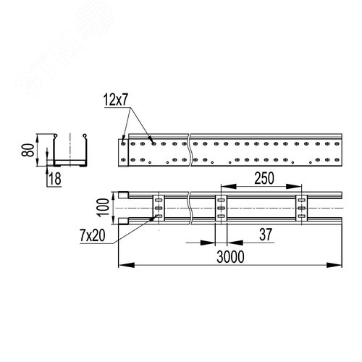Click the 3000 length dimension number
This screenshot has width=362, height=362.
point(230,256)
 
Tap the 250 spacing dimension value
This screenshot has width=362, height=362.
point(264,178)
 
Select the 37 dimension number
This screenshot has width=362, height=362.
point(266,235)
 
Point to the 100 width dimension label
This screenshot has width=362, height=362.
point(104,208)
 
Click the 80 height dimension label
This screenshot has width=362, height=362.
point(28,150)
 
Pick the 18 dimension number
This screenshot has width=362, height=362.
point(55,179)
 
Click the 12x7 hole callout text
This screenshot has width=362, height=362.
point(115,100)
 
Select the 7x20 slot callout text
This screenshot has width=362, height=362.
point(93,235)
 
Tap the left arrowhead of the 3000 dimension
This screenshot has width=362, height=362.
point(127,265)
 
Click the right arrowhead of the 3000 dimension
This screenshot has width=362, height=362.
point(334,265)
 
